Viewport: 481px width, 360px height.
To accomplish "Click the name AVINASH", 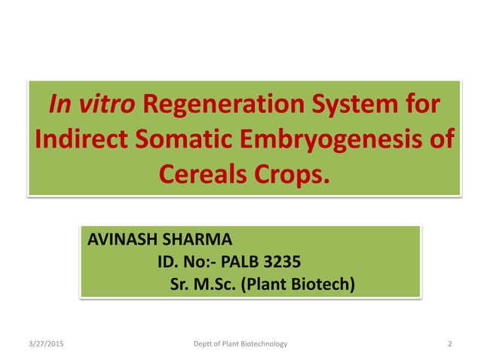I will coord(122,241).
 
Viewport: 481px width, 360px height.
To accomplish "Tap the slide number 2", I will coord(449,344).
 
